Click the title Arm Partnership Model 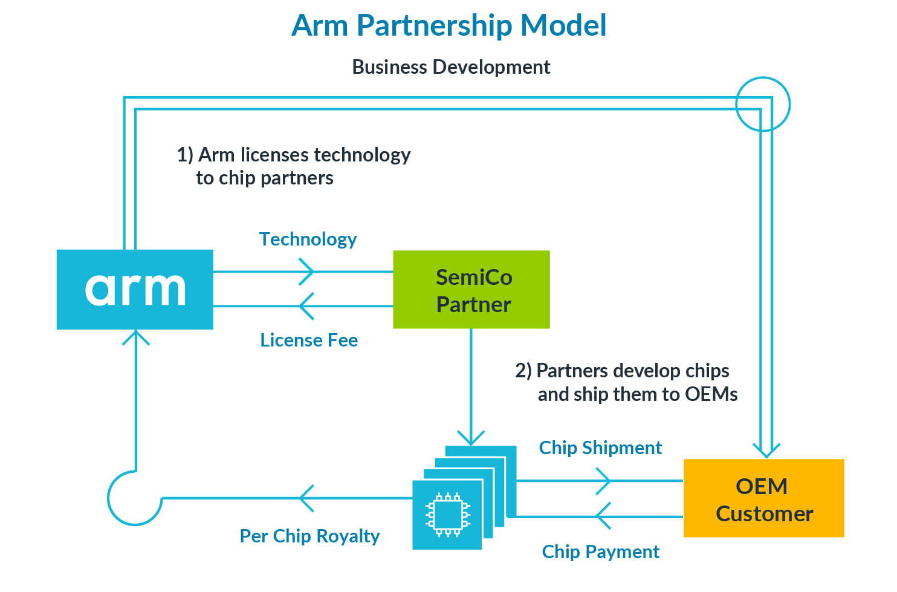click(448, 25)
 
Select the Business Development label click(451, 67)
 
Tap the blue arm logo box click(135, 289)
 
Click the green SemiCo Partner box click(471, 290)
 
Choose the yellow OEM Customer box click(763, 498)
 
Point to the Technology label click(308, 239)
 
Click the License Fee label click(309, 340)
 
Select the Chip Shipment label click(600, 447)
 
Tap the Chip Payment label click(600, 551)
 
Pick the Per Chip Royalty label click(309, 536)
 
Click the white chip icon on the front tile click(447, 515)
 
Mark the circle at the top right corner click(763, 104)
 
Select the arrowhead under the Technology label click(307, 272)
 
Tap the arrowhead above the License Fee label click(307, 306)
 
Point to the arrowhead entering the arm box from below click(136, 336)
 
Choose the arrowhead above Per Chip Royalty click(307, 498)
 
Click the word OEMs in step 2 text click(711, 394)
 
